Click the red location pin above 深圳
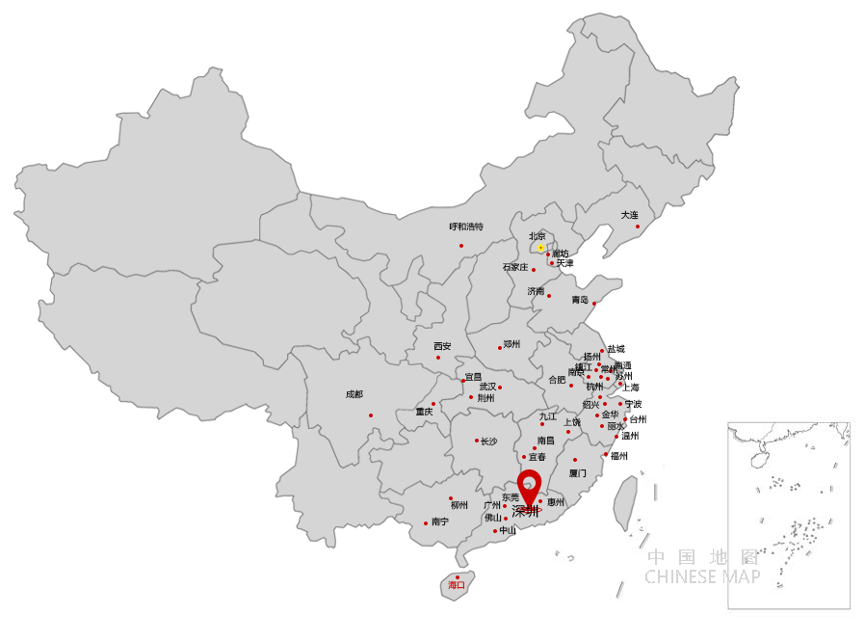pos(529,484)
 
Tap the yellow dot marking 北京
pos(541,248)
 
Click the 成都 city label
pos(354,394)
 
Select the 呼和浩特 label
pos(466,227)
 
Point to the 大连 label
pos(629,215)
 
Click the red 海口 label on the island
pos(456,585)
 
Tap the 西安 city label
pos(442,346)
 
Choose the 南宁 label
pos(440,522)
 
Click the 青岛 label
pos(579,300)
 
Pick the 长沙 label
pos(489,441)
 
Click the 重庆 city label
pos(424,412)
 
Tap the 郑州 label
pos(511,344)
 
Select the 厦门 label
pos(577,473)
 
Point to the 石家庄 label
pos(515,268)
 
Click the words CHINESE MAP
pos(702,576)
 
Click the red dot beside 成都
pos(371,415)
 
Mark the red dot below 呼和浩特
pos(461,245)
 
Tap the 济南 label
pos(536,291)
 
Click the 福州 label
pos(618,456)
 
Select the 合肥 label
pos(557,380)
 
